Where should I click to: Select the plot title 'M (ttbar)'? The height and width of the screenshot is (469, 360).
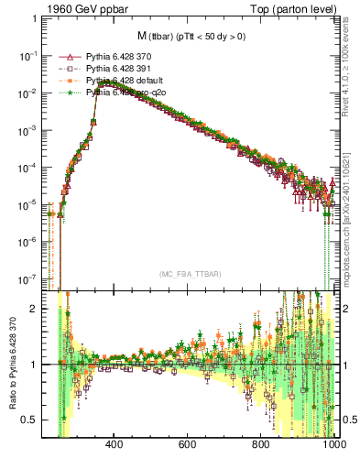[x=188, y=36]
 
